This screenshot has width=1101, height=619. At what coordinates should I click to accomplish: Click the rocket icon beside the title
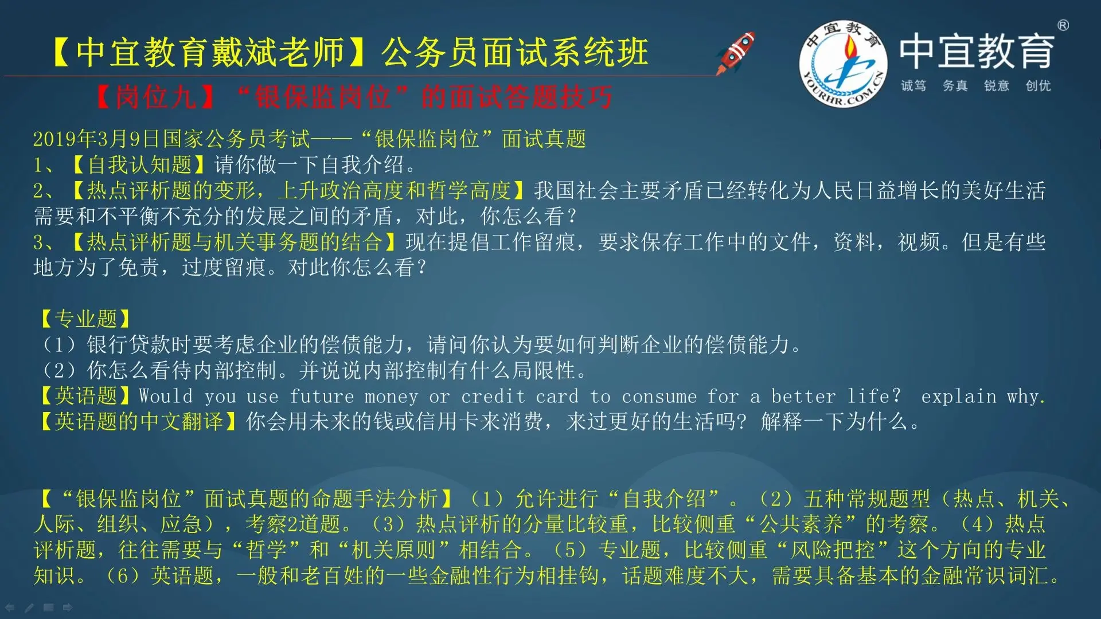pos(736,52)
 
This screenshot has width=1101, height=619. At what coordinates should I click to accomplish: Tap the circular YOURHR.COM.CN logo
pos(843,64)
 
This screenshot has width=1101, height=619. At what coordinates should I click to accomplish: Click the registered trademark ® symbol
pos(1063,25)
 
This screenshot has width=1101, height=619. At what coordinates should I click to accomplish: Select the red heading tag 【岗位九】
pos(155,97)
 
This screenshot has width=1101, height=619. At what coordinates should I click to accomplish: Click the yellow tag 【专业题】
pos(85,319)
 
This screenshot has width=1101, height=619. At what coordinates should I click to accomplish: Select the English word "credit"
pos(493,396)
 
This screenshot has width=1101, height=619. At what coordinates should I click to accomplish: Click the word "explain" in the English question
pos(959,397)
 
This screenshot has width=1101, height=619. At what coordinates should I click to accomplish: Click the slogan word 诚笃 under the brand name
pos(913,86)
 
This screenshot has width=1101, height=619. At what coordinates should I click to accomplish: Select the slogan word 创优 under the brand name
pos(1038,86)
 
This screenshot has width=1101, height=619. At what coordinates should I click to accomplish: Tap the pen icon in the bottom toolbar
pos(29,608)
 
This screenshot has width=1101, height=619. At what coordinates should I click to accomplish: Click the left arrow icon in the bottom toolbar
pos(10,608)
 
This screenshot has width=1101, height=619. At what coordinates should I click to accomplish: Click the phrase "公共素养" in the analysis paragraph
pos(802,524)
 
